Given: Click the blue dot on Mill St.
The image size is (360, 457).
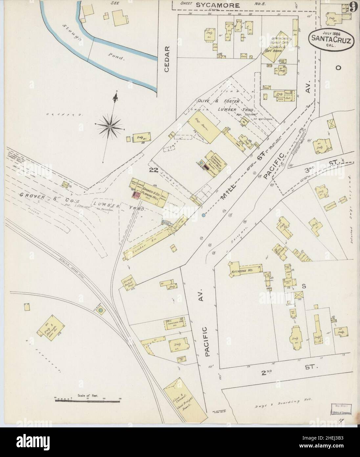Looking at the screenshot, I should coord(204,215).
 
